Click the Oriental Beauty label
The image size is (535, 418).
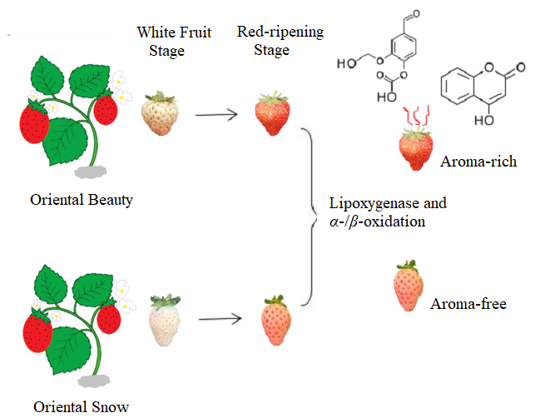82,200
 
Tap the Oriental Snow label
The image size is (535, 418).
82,407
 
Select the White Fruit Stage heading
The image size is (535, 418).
174,42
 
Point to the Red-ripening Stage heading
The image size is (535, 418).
280,41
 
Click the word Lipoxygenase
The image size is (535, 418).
368,202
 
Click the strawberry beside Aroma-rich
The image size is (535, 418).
416,149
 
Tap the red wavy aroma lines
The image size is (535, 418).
416,116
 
